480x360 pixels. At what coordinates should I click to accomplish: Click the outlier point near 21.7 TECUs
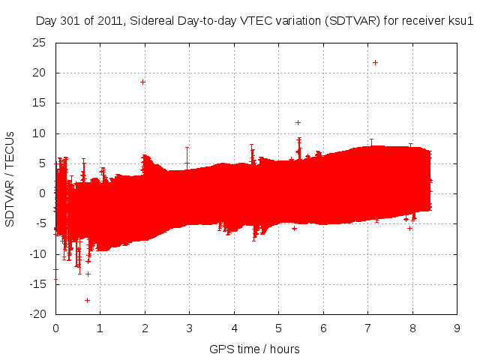click(375, 62)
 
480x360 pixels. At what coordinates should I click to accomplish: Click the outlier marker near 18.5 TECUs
click(142, 82)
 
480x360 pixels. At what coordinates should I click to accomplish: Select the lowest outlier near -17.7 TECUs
click(87, 300)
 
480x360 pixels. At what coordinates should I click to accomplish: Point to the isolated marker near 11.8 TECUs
click(298, 122)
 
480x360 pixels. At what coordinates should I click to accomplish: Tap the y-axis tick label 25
click(38, 43)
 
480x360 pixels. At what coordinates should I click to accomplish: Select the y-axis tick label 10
click(38, 133)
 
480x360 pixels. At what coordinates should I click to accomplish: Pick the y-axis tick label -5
click(40, 223)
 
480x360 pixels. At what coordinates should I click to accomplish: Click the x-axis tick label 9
click(457, 328)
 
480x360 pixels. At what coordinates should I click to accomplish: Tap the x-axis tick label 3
click(189, 328)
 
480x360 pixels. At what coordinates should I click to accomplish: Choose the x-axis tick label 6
click(323, 328)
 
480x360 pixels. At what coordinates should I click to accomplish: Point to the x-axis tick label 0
click(55, 328)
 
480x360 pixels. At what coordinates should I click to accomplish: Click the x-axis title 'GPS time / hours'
click(255, 349)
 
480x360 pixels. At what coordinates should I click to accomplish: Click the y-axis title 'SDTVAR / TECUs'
click(10, 178)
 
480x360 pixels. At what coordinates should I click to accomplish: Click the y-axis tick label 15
click(38, 103)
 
